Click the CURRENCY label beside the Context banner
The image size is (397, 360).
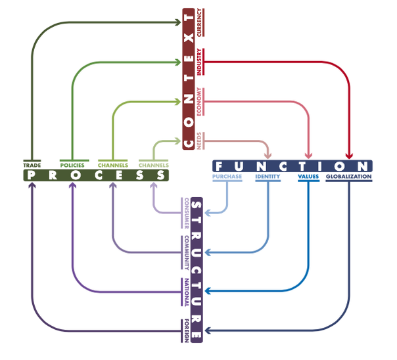[199, 22]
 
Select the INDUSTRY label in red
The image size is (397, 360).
[199, 62]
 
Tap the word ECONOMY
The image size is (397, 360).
[199, 101]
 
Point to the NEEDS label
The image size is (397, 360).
[199, 141]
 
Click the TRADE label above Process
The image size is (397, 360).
[32, 166]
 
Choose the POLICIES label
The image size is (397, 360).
[72, 166]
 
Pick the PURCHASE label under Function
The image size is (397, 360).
[227, 176]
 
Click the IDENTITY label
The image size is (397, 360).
[268, 176]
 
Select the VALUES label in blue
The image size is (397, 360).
[308, 176]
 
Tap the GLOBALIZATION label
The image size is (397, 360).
[348, 176]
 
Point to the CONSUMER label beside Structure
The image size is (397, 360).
[187, 214]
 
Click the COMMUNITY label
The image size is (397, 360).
[187, 253]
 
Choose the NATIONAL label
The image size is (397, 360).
[187, 292]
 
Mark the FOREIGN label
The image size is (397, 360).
[187, 331]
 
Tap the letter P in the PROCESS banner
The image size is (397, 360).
[31, 175]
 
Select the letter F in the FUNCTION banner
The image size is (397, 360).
[219, 166]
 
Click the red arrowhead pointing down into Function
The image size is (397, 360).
[349, 156]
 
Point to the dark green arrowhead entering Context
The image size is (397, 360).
[177, 22]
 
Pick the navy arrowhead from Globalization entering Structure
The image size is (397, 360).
[208, 330]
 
